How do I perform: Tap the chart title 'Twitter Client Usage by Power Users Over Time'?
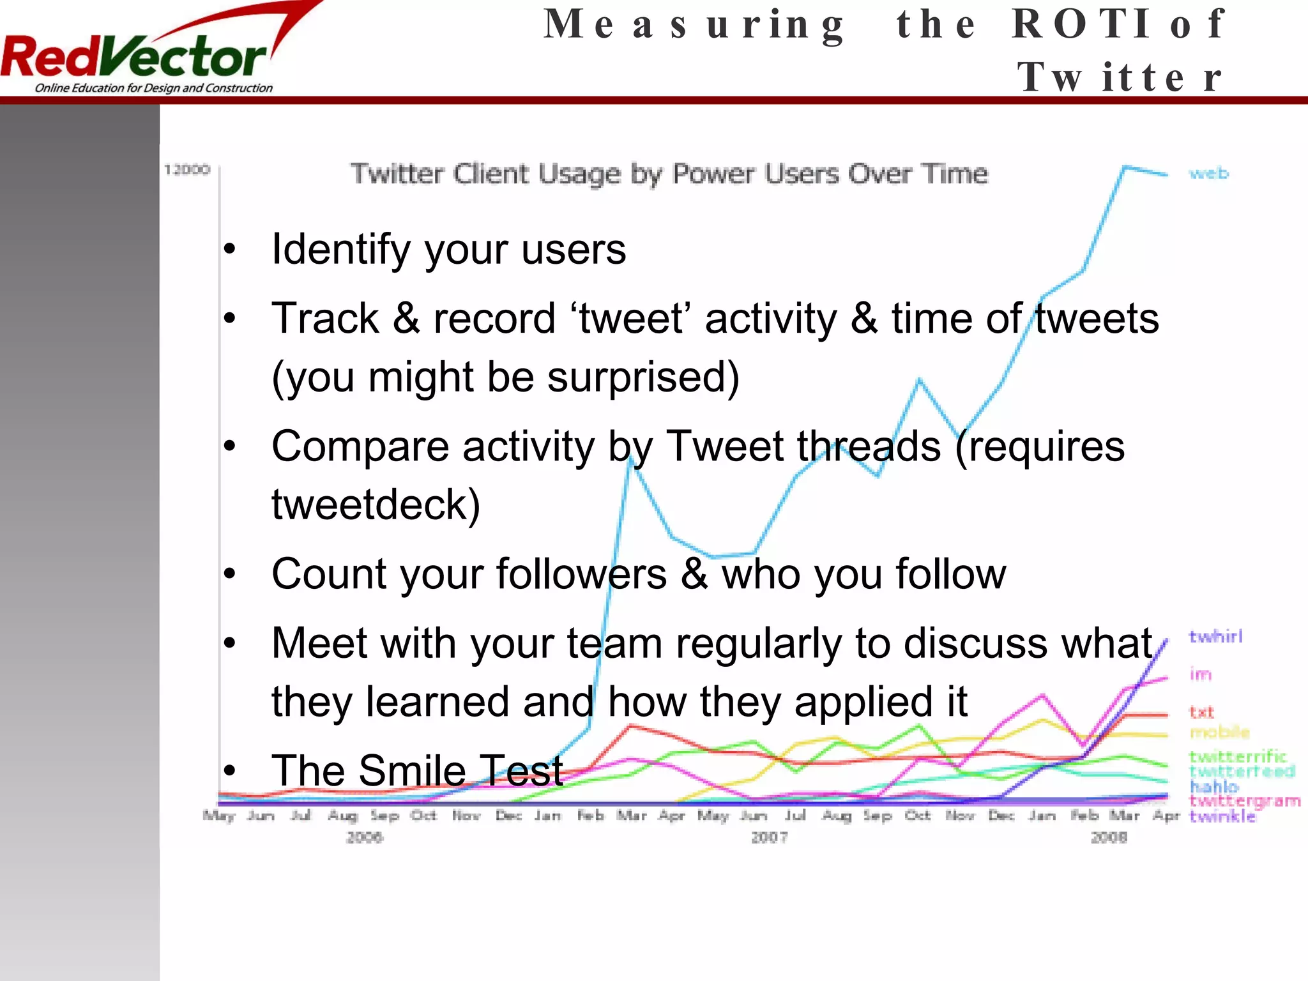point(669,174)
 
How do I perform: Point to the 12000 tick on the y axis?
point(186,170)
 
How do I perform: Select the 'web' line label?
point(1208,173)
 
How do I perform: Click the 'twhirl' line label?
point(1215,636)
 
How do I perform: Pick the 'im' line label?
point(1200,674)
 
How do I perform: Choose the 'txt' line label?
point(1201,712)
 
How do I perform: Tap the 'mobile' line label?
point(1219,732)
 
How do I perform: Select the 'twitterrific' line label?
point(1237,757)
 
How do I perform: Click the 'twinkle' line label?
point(1222,817)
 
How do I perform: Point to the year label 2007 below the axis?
point(769,837)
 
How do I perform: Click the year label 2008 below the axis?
point(1109,837)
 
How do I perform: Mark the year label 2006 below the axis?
point(364,837)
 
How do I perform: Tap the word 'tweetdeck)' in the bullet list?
point(376,505)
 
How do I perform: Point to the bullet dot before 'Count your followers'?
point(230,574)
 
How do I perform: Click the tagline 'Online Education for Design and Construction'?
point(153,88)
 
